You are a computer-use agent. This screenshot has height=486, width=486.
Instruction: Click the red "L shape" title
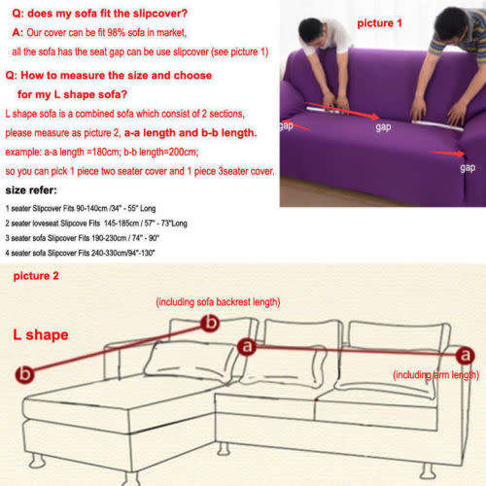coord(40,334)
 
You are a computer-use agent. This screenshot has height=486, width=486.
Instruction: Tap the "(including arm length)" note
coord(434,374)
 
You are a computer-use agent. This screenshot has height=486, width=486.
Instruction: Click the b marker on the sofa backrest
coord(207,324)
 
